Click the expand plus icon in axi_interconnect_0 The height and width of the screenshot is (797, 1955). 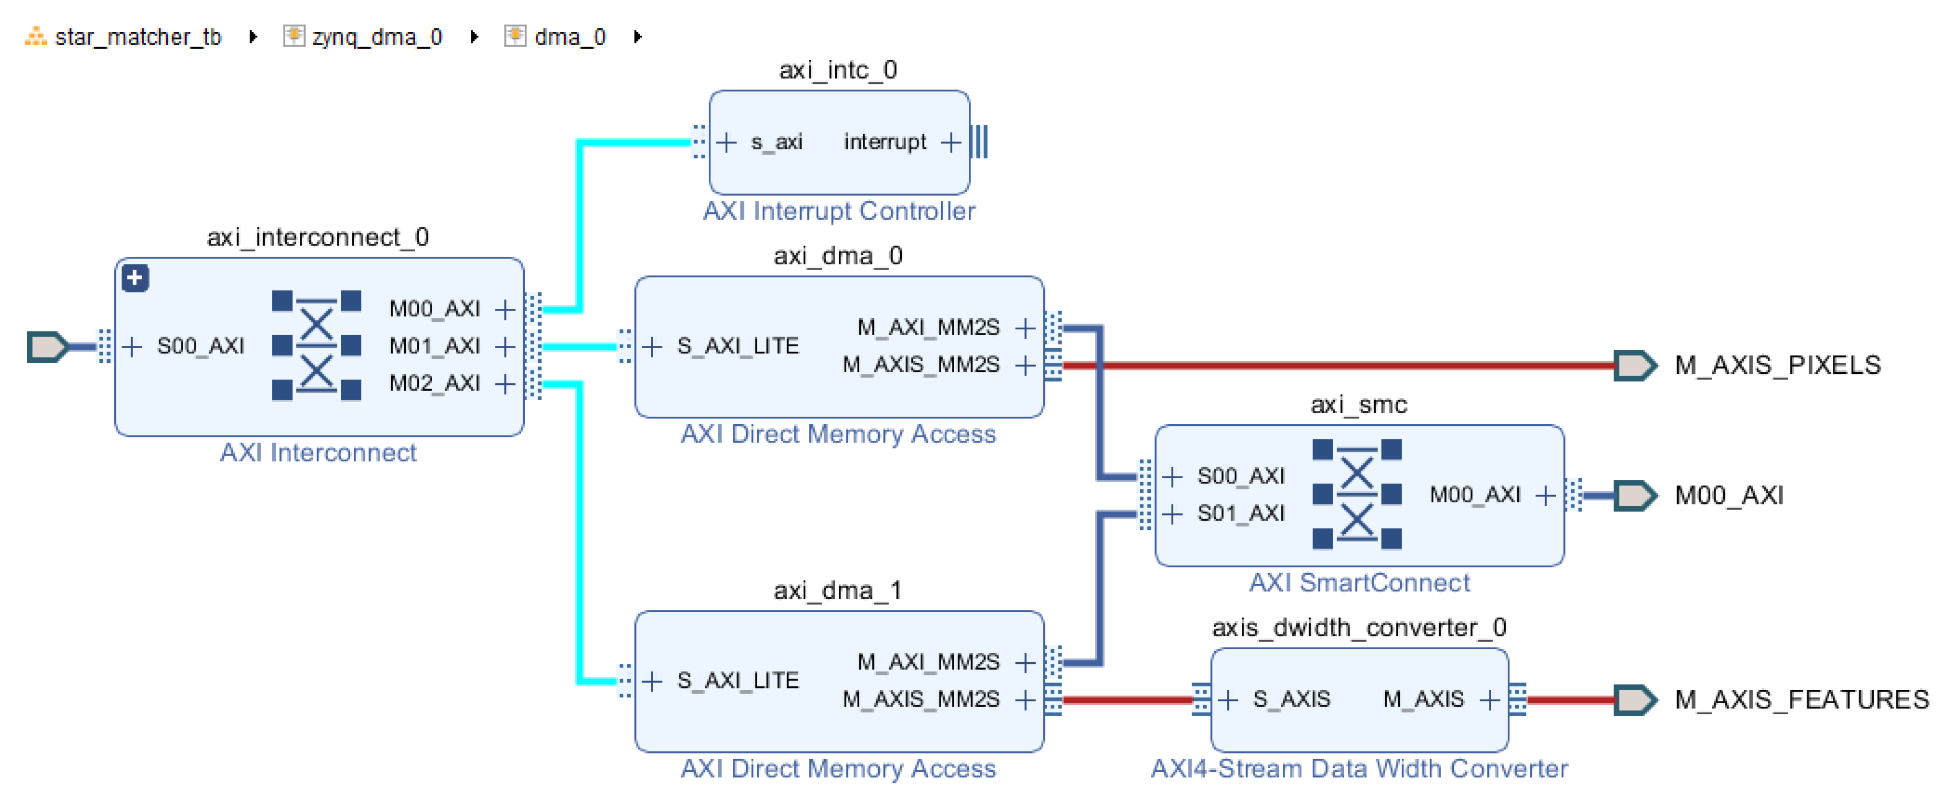pyautogui.click(x=135, y=278)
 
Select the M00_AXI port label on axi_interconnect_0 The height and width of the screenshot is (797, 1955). pyautogui.click(x=434, y=309)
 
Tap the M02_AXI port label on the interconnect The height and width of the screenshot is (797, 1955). pyautogui.click(x=434, y=383)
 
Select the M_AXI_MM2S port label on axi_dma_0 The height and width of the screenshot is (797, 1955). pyautogui.click(x=927, y=328)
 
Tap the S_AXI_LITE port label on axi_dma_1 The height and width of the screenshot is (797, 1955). pyautogui.click(x=738, y=681)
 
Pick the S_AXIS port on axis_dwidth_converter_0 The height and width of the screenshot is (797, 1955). pyautogui.click(x=1290, y=699)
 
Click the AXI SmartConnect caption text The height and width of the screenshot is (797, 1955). pyautogui.click(x=1358, y=583)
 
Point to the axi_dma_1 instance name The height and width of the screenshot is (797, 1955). pyautogui.click(x=837, y=590)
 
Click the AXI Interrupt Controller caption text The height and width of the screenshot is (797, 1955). pyautogui.click(x=839, y=211)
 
